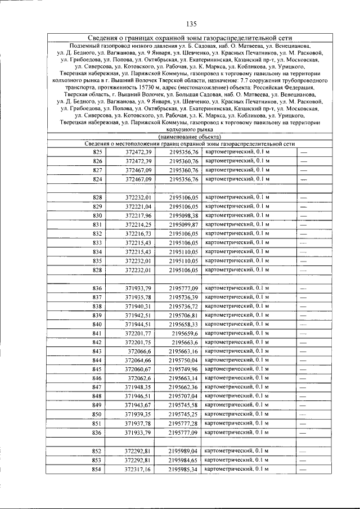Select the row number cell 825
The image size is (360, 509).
click(x=98, y=152)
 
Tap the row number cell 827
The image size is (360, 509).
click(x=98, y=170)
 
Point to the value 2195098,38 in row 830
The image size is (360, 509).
click(x=183, y=215)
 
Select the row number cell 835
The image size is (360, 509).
click(x=98, y=260)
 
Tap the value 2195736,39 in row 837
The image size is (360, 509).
click(x=183, y=297)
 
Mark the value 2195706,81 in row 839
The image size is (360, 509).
click(x=183, y=315)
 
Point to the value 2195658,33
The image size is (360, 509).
click(x=183, y=324)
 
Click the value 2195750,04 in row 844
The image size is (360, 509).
click(x=183, y=360)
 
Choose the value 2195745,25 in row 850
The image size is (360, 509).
click(x=183, y=414)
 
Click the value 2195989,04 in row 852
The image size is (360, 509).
click(x=183, y=451)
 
